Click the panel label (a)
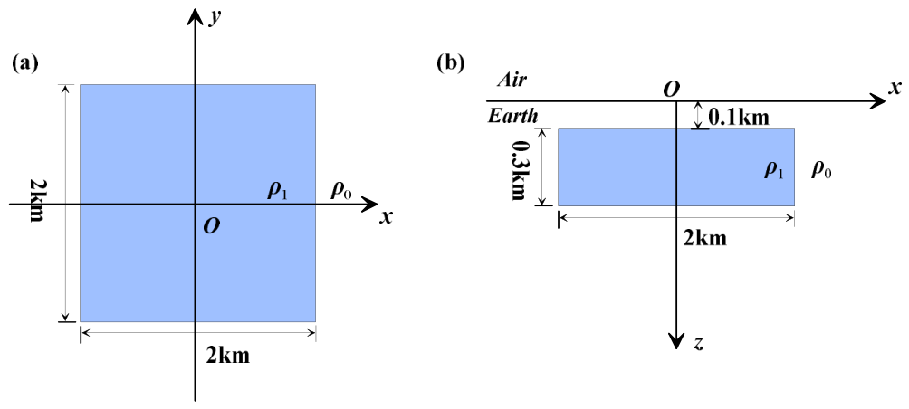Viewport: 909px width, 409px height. [25, 63]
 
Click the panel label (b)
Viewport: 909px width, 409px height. [452, 63]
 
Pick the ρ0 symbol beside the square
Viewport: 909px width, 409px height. [340, 191]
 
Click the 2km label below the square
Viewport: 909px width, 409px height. [228, 355]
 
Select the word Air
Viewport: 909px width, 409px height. [512, 81]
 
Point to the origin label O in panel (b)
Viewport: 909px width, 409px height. [671, 90]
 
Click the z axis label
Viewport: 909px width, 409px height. [699, 344]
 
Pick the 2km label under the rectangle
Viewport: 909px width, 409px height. [705, 237]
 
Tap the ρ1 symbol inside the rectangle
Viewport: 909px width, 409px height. [775, 170]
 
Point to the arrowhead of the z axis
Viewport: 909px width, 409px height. [676, 343]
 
